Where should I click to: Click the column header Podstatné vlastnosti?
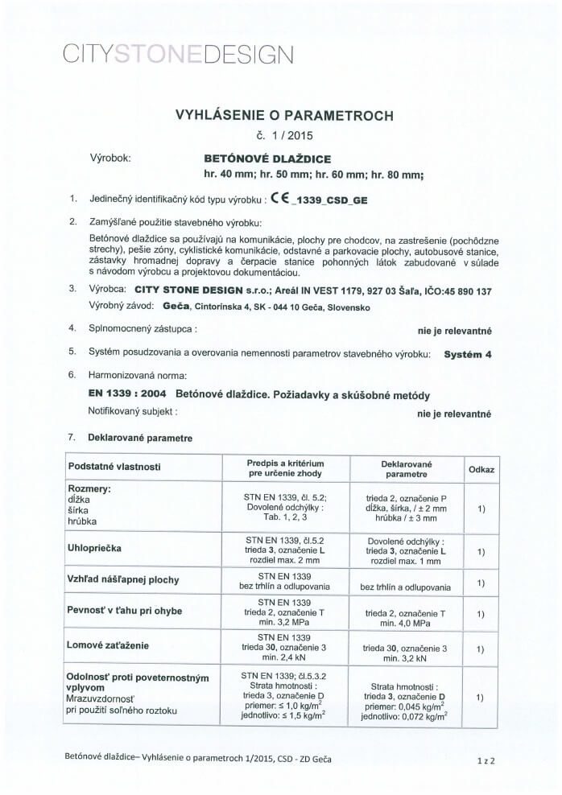click(115, 466)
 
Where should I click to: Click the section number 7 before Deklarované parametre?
click(72, 437)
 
